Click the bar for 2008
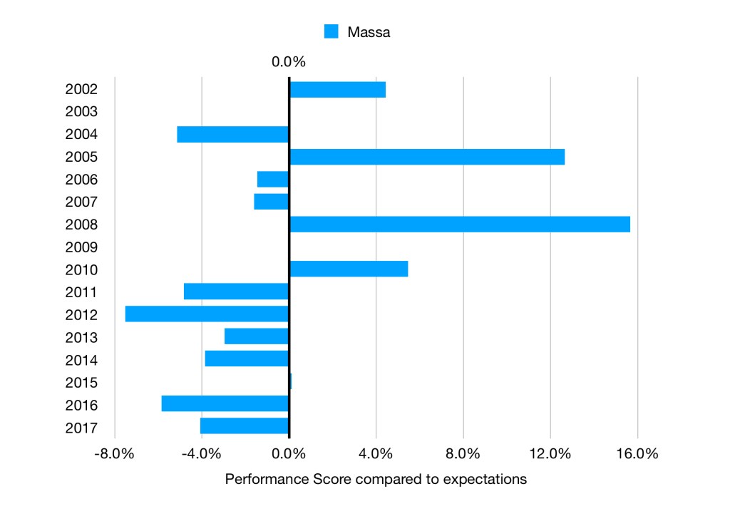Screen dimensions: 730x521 460,224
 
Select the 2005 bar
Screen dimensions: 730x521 427,157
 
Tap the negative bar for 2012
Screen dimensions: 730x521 207,314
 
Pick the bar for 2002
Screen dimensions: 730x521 337,89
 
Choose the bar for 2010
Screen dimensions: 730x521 349,269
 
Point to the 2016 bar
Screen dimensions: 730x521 225,403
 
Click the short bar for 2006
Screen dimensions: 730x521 273,179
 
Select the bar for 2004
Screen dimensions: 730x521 232,134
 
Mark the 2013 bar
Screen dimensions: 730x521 256,336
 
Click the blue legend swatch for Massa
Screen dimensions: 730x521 331,31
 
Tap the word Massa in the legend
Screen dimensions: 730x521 369,32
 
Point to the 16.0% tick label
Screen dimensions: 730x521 637,454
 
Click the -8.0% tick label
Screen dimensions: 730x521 114,454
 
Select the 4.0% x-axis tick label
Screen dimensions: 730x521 376,454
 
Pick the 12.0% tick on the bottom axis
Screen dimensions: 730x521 550,454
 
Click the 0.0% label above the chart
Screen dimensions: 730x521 288,62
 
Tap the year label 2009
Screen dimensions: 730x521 81,247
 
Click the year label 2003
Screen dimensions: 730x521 81,112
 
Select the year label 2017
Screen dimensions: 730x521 81,428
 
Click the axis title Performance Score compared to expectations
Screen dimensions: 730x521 376,479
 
